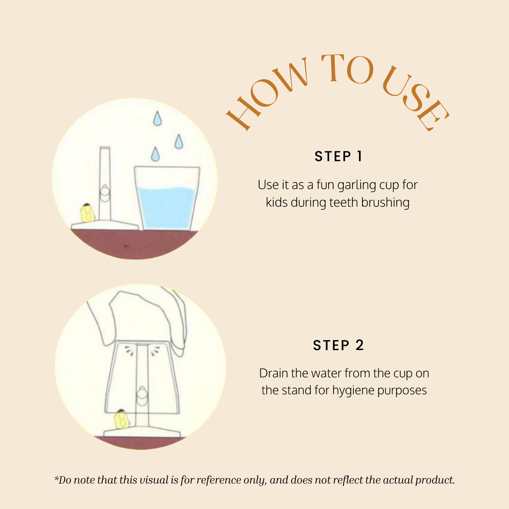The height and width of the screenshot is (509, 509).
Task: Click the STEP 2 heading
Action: (x=339, y=345)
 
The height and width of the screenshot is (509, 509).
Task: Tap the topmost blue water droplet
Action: (x=157, y=118)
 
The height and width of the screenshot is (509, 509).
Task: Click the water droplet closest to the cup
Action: (x=155, y=154)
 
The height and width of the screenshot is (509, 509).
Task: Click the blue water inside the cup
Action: (x=166, y=208)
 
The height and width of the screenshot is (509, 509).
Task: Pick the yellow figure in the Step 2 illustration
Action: (x=122, y=419)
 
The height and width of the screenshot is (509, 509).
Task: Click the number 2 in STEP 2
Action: (x=360, y=345)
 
